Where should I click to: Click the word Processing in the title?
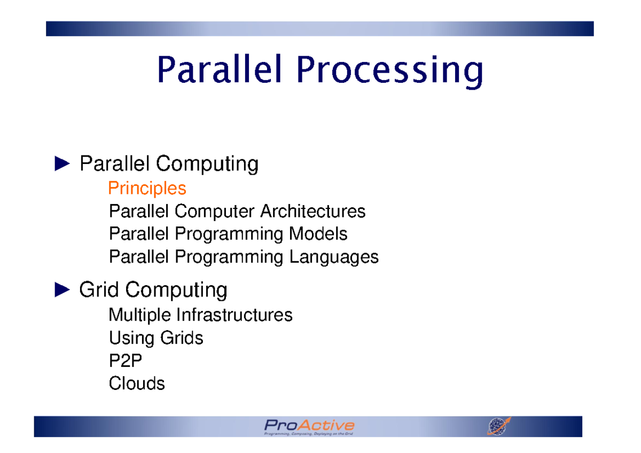tap(389, 72)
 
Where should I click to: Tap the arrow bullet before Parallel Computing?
tap(62, 164)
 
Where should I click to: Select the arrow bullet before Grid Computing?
tap(62, 290)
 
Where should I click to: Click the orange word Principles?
tap(147, 189)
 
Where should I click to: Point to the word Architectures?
tap(312, 212)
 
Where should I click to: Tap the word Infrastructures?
tap(234, 315)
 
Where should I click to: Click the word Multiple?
tap(140, 315)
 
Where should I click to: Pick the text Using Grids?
tap(156, 338)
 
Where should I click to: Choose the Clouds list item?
tap(137, 384)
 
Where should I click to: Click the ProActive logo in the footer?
tap(309, 425)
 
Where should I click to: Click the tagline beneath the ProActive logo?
tap(309, 434)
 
